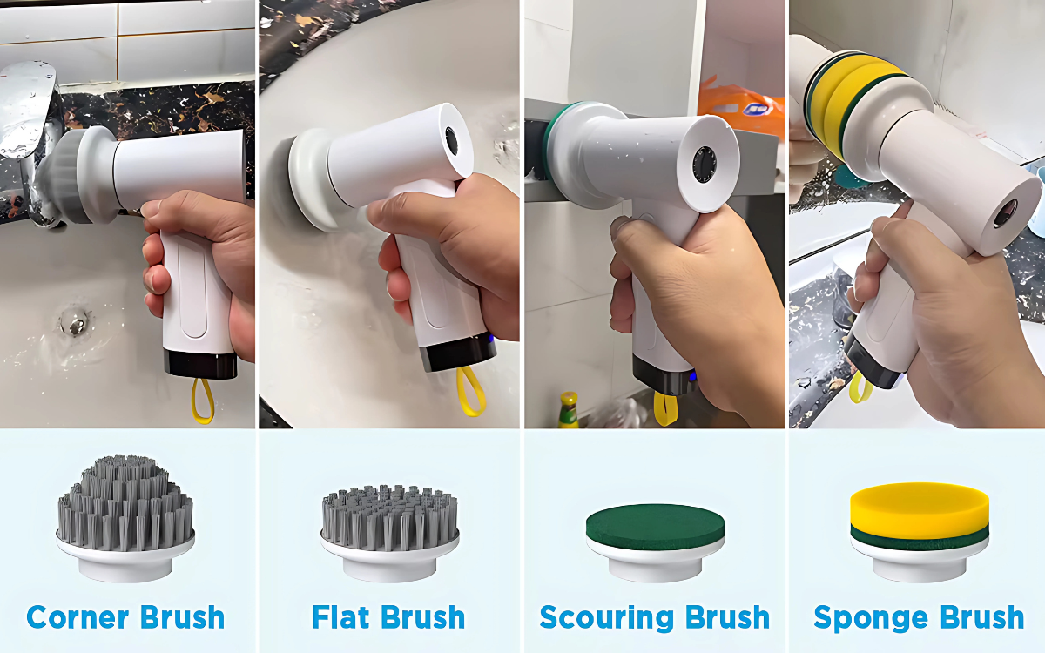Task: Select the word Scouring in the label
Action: [x=607, y=618]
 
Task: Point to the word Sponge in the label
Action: [x=871, y=618]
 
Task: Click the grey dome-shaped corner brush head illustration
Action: [x=125, y=518]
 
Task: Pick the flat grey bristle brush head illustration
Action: [x=389, y=533]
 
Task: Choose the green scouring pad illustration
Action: [x=655, y=542]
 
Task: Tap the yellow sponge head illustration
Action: [x=920, y=532]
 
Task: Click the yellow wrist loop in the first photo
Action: [x=202, y=401]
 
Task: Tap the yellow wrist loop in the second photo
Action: [x=470, y=392]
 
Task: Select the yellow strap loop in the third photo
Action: [x=664, y=409]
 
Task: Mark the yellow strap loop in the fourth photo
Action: [x=860, y=387]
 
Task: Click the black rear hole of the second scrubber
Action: [x=452, y=140]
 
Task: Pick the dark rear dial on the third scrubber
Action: [x=704, y=165]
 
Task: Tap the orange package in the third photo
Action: [x=742, y=105]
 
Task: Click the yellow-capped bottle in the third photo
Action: [x=569, y=410]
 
